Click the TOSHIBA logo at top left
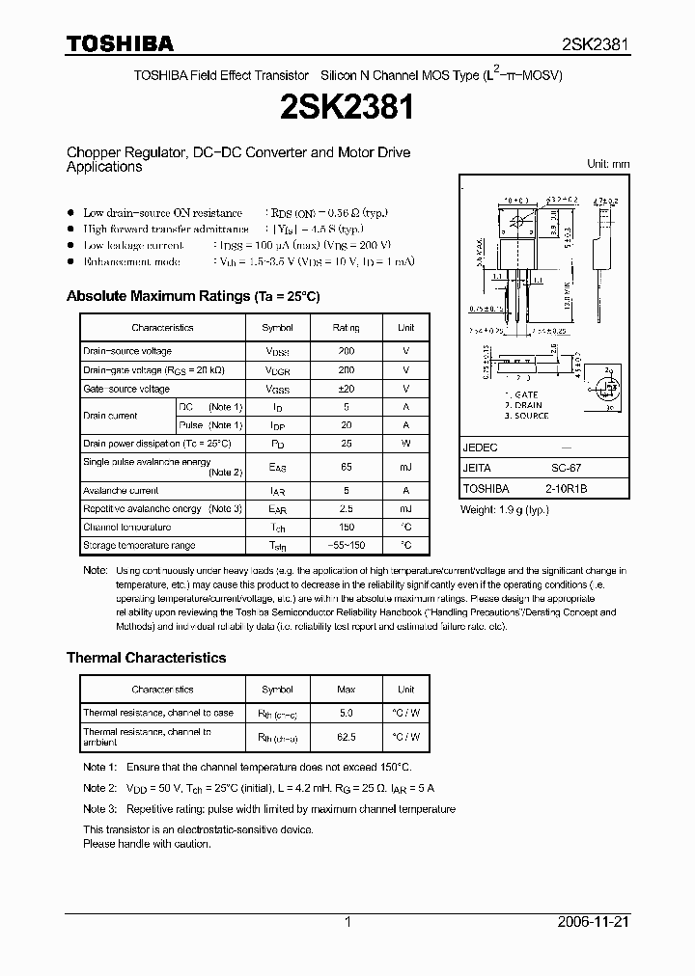coord(119,43)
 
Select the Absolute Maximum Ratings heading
coord(192,296)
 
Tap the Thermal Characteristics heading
coord(146,658)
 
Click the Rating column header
coord(346,328)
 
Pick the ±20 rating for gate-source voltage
coord(346,389)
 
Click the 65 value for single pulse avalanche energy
coord(346,467)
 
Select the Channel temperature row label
coord(127,528)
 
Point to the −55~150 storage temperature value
coord(346,546)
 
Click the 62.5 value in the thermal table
coord(346,737)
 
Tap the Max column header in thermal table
coord(346,690)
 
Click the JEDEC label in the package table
coord(480,448)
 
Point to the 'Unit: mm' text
coord(608,164)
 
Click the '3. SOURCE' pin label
coord(525,416)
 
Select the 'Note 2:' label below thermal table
coord(99,788)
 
